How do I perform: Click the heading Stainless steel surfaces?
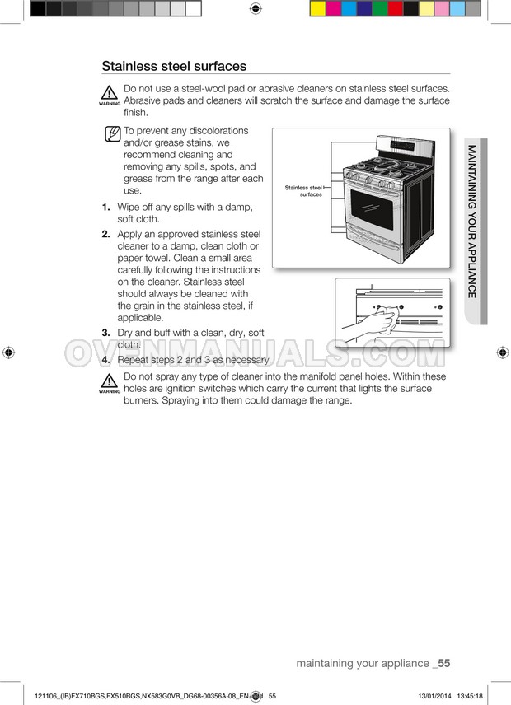174,66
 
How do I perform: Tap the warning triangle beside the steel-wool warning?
109,92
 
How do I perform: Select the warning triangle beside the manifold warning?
109,381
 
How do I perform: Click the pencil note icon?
112,134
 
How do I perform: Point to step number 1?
106,208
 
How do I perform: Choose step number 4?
106,360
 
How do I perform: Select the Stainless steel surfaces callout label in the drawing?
303,191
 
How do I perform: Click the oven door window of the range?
372,209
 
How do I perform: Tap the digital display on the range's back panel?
402,146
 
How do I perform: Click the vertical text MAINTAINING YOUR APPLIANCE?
471,222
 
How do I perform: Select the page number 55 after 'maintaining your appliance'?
444,663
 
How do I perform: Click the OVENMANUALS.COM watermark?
255,352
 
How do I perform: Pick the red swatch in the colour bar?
396,8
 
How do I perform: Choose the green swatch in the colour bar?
380,8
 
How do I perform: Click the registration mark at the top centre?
255,8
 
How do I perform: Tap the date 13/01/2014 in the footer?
434,696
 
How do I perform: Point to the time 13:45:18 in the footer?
470,696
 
